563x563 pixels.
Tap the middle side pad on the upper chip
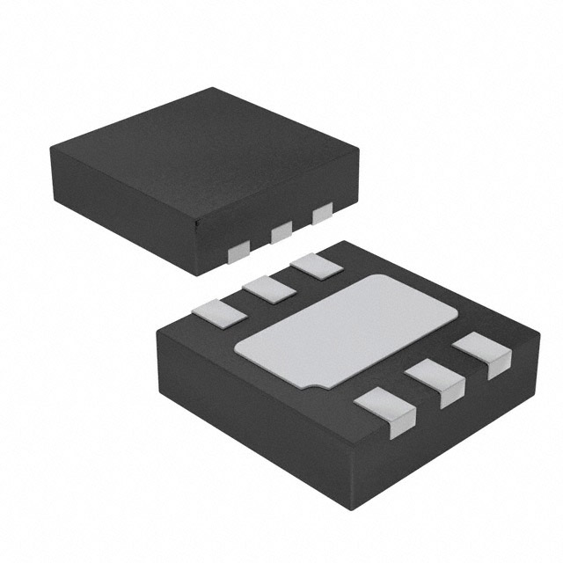click(x=281, y=232)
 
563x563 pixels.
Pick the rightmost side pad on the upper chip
click(x=323, y=212)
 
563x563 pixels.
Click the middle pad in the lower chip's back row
click(x=269, y=289)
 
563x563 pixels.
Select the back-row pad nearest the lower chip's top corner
click(x=315, y=267)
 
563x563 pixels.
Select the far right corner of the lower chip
click(x=538, y=335)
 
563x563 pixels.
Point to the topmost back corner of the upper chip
click(x=214, y=88)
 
